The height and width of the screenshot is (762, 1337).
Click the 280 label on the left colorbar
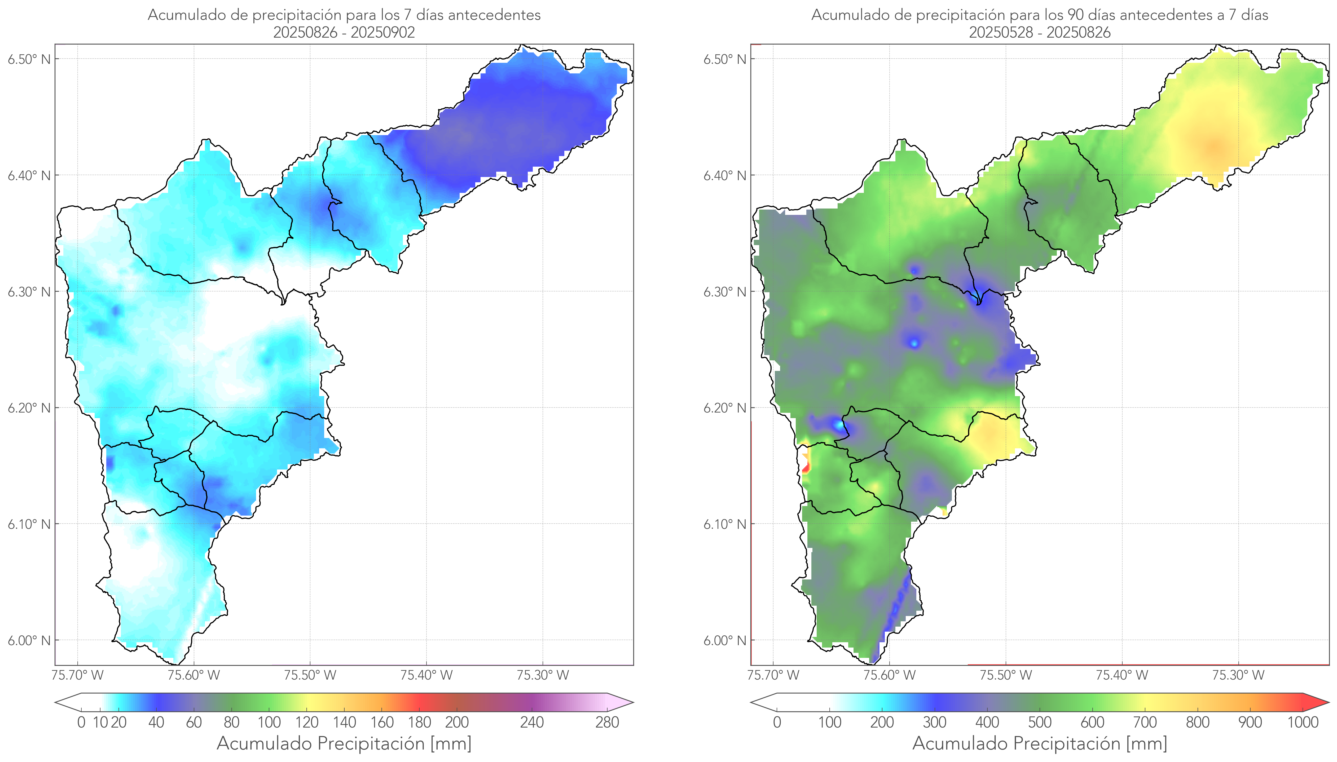(607, 722)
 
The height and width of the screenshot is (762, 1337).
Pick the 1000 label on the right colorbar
(1303, 722)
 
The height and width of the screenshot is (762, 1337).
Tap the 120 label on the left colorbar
(307, 722)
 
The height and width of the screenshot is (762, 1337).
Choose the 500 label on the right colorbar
(1040, 722)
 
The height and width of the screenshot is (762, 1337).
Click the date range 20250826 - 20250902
(344, 32)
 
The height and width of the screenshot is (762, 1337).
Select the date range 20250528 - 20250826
(1040, 32)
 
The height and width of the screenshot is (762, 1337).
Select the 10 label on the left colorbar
(100, 722)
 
